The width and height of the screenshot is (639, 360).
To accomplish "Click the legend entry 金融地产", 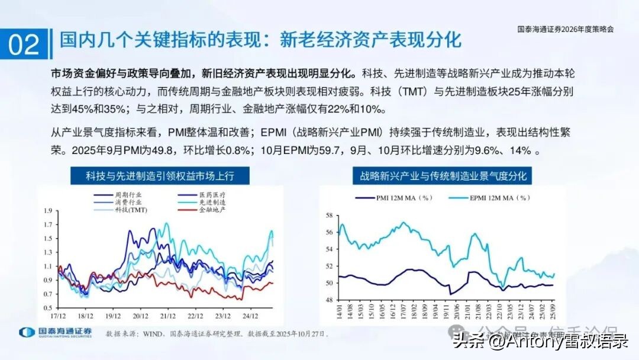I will (x=211, y=210).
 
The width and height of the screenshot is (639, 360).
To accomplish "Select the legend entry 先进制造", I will (x=211, y=202).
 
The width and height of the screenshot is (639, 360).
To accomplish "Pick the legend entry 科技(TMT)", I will (x=131, y=210).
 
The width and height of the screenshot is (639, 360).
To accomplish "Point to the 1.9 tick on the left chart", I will (x=48, y=209).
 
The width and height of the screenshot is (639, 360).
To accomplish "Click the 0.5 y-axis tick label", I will (x=48, y=308).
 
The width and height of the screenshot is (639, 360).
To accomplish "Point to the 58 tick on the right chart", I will (x=330, y=216).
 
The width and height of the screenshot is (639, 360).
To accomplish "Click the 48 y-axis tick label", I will (x=330, y=300).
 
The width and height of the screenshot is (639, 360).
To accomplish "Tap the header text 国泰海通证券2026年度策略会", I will (x=565, y=28).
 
